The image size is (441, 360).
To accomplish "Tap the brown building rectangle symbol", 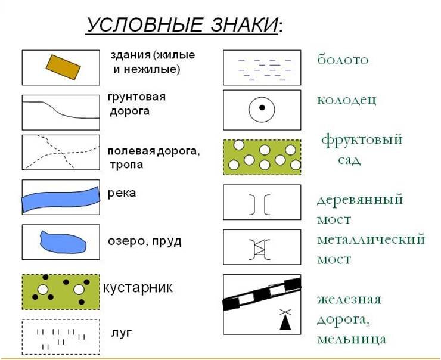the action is (x=63, y=67).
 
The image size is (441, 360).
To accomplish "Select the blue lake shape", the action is (x=63, y=242).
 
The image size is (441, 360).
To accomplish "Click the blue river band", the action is (x=61, y=199).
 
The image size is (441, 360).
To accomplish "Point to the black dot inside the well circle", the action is (x=262, y=107).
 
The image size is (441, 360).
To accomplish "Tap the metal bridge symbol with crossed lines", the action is (x=260, y=249).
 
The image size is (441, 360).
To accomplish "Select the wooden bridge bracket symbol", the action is (x=260, y=204).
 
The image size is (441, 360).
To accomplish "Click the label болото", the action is (x=343, y=60).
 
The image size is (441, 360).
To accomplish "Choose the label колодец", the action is (x=346, y=100).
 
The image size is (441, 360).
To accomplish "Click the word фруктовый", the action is (x=362, y=140).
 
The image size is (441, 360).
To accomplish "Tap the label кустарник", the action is (x=138, y=288).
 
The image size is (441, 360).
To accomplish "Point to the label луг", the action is (x=122, y=333).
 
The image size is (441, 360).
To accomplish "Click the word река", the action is (x=122, y=193).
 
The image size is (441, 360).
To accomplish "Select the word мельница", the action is (x=352, y=339).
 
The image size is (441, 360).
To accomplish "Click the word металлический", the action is (x=371, y=240).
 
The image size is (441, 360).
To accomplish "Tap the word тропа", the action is (x=126, y=165).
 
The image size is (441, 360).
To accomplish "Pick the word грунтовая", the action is (x=136, y=97).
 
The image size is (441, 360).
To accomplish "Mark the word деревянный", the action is (x=360, y=200).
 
